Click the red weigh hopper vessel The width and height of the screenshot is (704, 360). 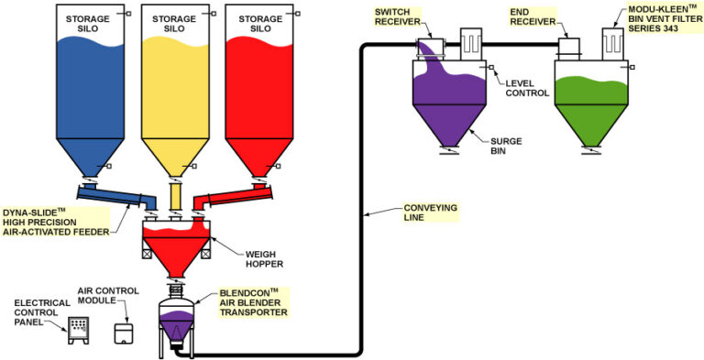(x=175, y=242)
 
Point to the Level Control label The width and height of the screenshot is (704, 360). (x=527, y=88)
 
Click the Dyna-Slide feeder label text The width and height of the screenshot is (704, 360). (x=55, y=220)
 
